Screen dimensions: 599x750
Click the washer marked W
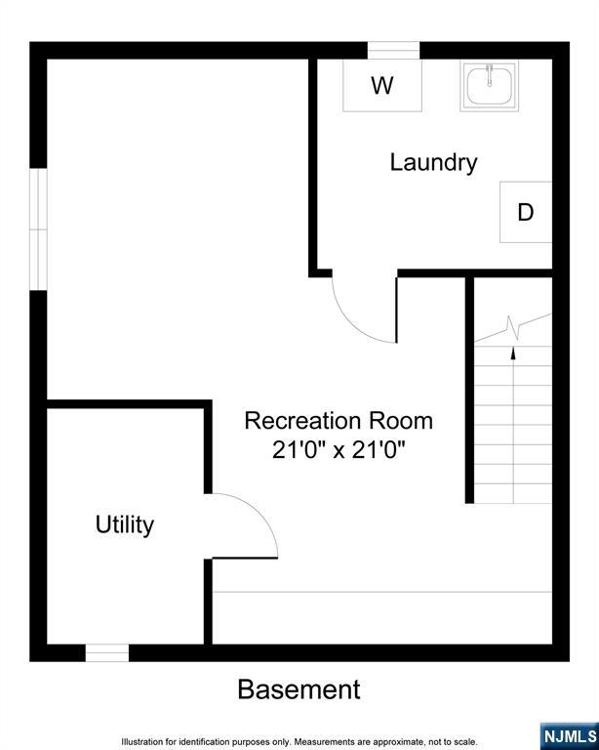382,85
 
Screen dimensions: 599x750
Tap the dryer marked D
526,212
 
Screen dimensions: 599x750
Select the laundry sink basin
489,86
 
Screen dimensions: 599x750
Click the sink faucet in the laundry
489,75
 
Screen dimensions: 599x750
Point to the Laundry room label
433,163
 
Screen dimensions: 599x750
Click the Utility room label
125,525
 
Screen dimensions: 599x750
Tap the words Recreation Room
339,421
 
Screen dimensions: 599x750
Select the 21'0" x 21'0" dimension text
339,450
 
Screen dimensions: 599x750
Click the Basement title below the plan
299,689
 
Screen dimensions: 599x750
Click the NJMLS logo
570,736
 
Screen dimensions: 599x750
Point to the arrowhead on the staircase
513,353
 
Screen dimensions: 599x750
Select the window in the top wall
393,50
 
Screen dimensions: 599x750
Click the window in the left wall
38,229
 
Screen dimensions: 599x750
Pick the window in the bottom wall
107,653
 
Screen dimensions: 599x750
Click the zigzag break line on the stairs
513,328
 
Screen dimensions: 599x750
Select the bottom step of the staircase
513,493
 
